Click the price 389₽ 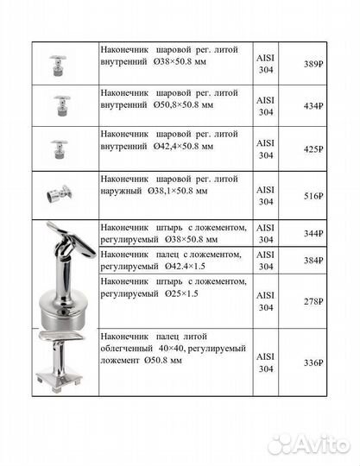point(313,65)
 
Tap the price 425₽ point(313,148)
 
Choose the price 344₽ point(313,234)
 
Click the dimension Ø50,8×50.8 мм point(182,104)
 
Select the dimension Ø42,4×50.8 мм point(182,146)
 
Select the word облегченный point(135,348)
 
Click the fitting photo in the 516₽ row point(62,194)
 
